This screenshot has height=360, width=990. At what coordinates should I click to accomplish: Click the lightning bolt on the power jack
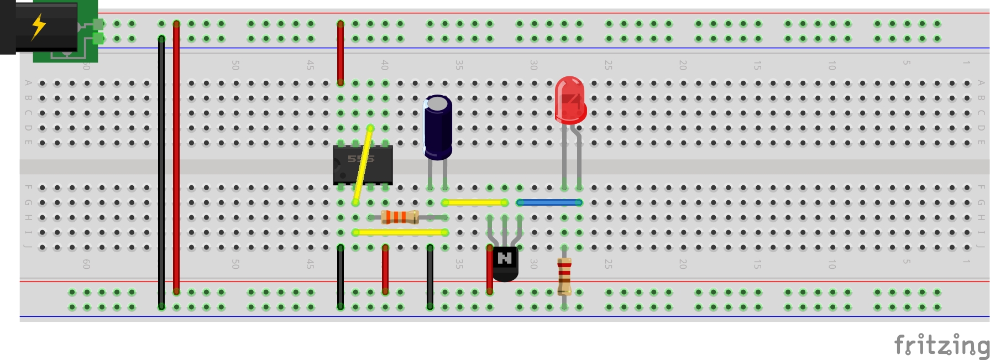38,27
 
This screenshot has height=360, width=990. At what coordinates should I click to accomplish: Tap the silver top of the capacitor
438,103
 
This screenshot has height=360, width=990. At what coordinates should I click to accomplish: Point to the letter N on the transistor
505,258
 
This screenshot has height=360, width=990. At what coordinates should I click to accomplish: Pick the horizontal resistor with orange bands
400,217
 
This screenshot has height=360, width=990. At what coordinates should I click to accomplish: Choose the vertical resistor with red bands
564,276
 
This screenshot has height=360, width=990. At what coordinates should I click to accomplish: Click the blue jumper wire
549,203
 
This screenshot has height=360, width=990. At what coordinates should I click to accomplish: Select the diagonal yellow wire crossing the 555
363,165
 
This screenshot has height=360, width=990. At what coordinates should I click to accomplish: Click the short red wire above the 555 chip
341,53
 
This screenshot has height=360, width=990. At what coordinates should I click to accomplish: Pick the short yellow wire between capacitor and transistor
475,203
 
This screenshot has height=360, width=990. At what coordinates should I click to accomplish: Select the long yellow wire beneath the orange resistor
400,232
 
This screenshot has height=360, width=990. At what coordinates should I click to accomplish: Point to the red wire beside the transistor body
490,271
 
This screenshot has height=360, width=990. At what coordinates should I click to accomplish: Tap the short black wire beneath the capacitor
430,276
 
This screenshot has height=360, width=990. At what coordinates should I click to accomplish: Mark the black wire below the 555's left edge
341,276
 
